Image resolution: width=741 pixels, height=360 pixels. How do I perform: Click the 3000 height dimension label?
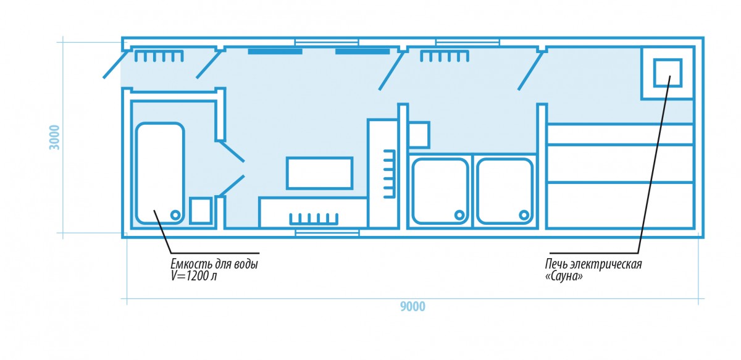(54, 137)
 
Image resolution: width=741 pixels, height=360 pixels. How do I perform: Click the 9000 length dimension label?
(412, 307)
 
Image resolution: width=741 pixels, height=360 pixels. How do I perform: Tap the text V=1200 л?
(193, 276)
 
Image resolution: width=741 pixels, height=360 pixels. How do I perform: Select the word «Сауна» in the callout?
(564, 276)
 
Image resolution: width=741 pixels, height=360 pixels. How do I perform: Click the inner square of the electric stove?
(668, 73)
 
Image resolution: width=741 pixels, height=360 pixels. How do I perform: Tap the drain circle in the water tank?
(175, 215)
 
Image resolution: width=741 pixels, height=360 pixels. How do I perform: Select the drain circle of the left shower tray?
(459, 215)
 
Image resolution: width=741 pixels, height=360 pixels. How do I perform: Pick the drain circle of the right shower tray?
(524, 215)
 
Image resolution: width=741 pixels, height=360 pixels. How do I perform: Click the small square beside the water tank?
(201, 211)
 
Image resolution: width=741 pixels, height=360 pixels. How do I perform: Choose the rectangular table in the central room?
(320, 173)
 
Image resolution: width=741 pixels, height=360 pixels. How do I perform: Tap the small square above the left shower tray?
(419, 135)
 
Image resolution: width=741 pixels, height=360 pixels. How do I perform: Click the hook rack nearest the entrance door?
(159, 56)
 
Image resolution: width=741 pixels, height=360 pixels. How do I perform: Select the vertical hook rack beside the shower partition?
(390, 174)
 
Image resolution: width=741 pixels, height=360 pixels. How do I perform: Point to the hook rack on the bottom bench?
(314, 219)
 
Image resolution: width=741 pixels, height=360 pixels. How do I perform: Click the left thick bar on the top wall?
(275, 52)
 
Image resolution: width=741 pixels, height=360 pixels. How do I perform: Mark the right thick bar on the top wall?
(362, 52)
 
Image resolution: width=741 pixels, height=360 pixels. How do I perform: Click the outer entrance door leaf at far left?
(117, 64)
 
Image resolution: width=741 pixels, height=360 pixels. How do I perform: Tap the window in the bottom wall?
(327, 233)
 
